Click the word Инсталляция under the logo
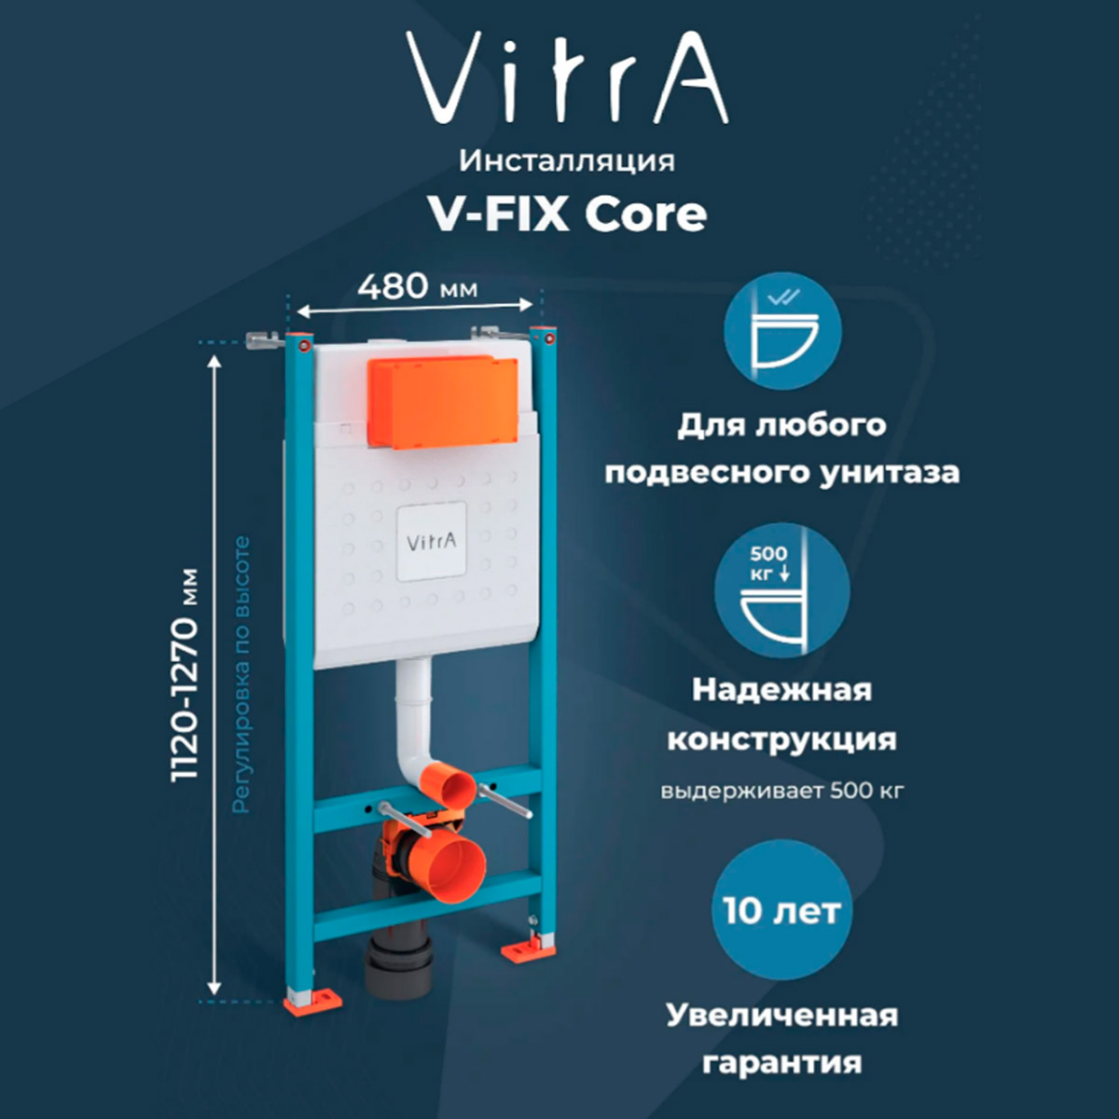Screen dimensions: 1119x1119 click(567, 160)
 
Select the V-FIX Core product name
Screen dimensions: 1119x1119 click(567, 214)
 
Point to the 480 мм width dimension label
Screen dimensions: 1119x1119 click(417, 286)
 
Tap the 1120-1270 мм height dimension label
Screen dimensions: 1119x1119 click(186, 674)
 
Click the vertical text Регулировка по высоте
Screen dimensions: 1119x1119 click(241, 673)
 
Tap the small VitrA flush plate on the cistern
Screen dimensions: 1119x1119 click(432, 542)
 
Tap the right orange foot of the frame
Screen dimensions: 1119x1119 click(528, 951)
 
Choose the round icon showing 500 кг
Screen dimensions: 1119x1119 click(782, 590)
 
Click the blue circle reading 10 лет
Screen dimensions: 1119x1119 click(782, 911)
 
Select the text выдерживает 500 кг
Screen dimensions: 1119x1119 click(782, 792)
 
